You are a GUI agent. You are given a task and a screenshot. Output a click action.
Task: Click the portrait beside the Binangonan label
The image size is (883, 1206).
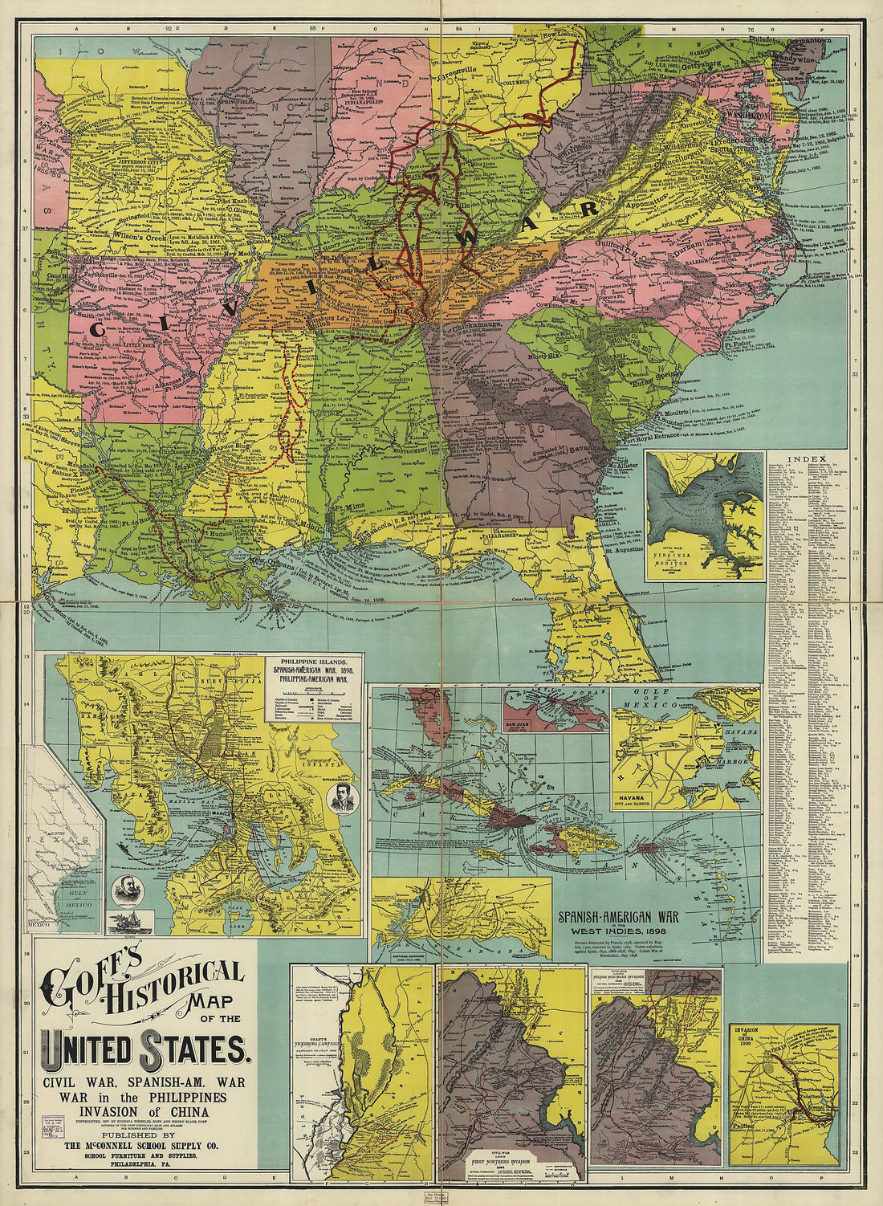pyautogui.click(x=344, y=799)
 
